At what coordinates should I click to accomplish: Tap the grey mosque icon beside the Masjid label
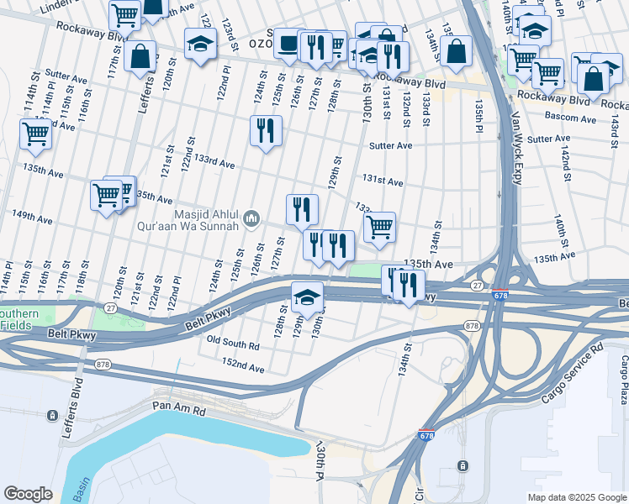(x=251, y=220)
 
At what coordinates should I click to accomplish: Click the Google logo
(x=28, y=493)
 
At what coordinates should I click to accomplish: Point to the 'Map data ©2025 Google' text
(x=576, y=497)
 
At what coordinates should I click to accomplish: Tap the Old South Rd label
(x=233, y=344)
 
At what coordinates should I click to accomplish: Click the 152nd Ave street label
(x=243, y=367)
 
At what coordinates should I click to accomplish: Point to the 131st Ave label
(x=383, y=181)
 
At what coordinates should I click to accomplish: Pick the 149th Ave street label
(x=32, y=218)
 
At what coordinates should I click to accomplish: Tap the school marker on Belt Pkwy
(x=308, y=297)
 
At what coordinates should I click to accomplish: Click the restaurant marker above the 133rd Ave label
(x=266, y=131)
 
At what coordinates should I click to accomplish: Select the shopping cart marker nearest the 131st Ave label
(x=379, y=226)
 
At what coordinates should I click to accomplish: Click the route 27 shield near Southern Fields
(x=111, y=309)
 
